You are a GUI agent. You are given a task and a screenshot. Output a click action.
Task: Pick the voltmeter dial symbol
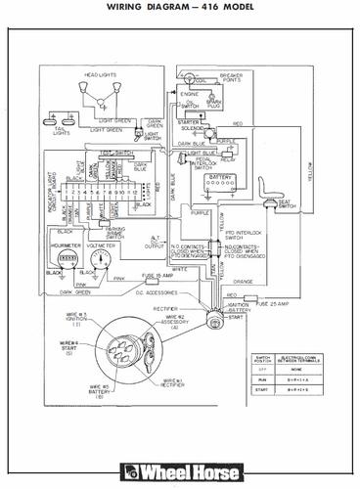point(100,260)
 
